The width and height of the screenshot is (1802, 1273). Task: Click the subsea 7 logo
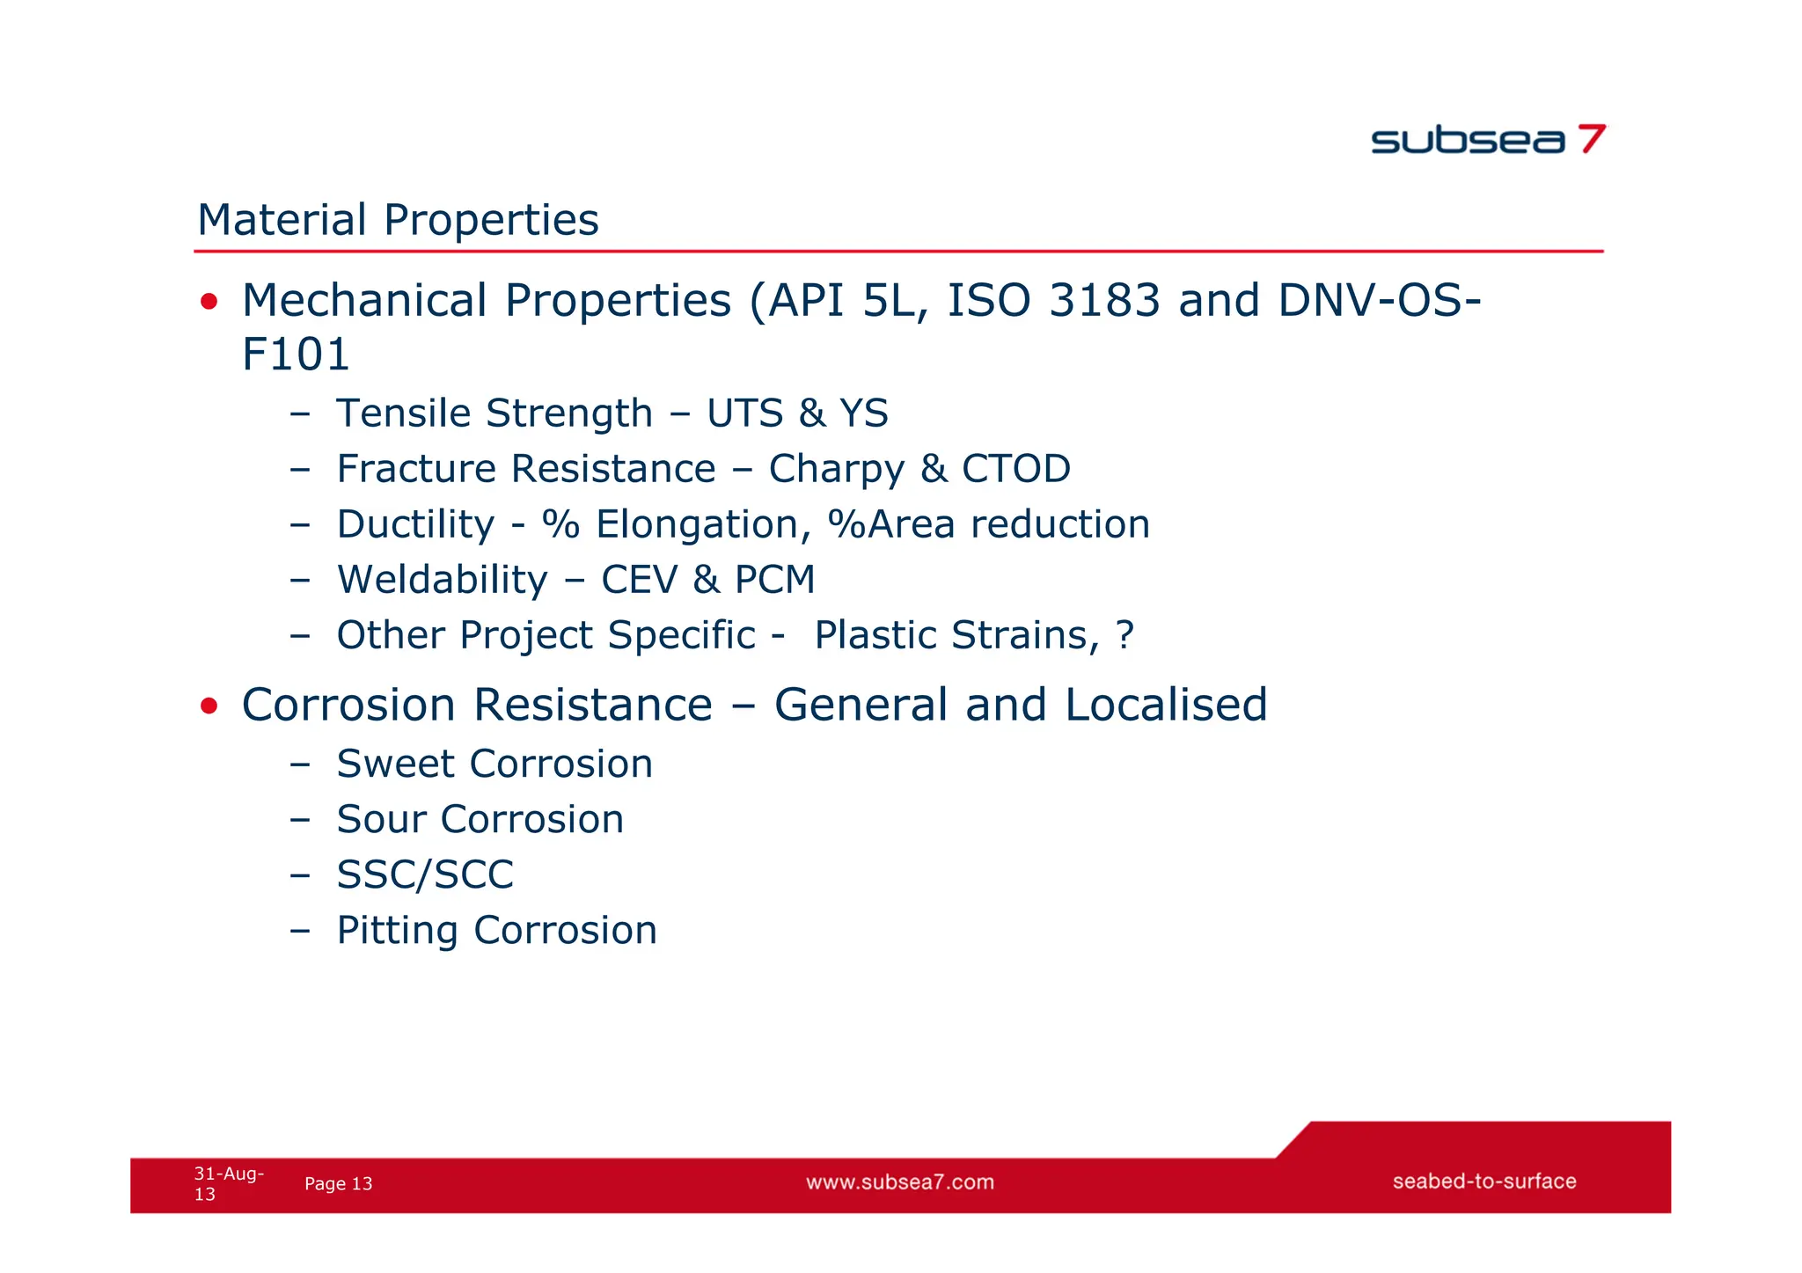coord(1488,140)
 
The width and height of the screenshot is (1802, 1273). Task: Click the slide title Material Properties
coord(398,220)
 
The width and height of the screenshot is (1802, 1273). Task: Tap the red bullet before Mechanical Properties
coord(209,303)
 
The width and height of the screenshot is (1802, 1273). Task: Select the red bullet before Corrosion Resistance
coord(209,706)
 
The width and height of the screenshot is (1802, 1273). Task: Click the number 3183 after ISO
coord(1104,301)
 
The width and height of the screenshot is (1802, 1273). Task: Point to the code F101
coord(296,355)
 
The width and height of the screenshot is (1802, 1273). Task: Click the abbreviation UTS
coord(744,413)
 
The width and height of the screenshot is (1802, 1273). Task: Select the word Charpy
coord(836,470)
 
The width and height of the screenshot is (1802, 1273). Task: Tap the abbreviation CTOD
coord(1015,469)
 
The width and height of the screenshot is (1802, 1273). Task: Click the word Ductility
coord(415,525)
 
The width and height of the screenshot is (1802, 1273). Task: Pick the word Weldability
coord(443,580)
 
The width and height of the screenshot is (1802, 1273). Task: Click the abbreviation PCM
coord(774,580)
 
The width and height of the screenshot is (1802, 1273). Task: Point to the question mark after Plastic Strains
coord(1124,635)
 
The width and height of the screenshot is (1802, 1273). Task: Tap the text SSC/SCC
coord(425,874)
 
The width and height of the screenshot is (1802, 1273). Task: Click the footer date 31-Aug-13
coord(228,1183)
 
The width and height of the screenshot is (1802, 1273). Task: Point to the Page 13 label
coord(338,1184)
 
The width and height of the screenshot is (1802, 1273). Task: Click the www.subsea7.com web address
coord(900,1182)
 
